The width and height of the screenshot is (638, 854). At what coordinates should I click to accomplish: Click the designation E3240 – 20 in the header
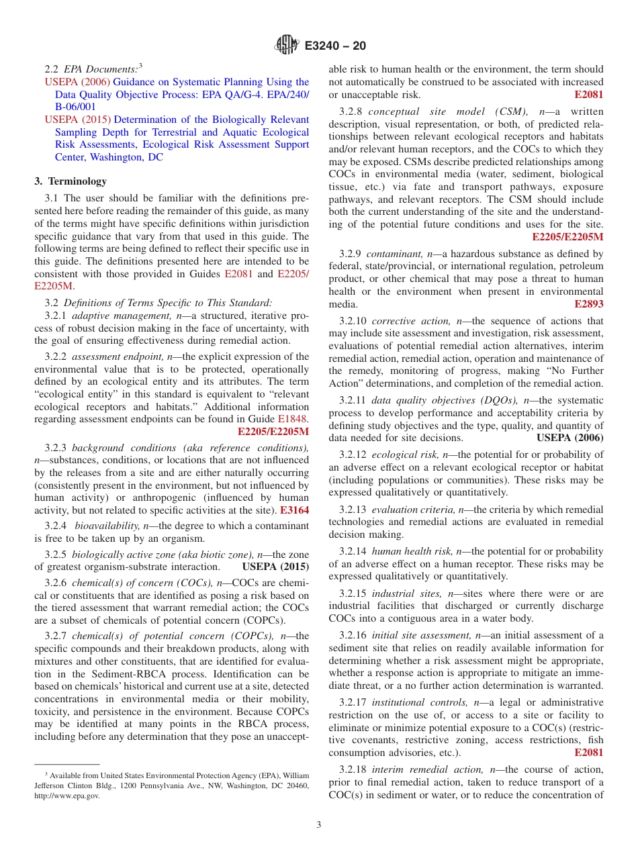(335, 46)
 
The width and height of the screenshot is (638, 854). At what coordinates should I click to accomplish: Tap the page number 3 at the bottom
(319, 824)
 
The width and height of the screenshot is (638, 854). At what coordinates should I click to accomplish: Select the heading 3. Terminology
(71, 181)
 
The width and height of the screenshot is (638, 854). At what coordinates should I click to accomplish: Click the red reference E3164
(294, 510)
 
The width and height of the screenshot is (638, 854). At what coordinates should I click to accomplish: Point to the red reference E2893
(588, 304)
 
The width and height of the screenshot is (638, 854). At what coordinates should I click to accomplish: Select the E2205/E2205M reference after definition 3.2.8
(567, 236)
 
